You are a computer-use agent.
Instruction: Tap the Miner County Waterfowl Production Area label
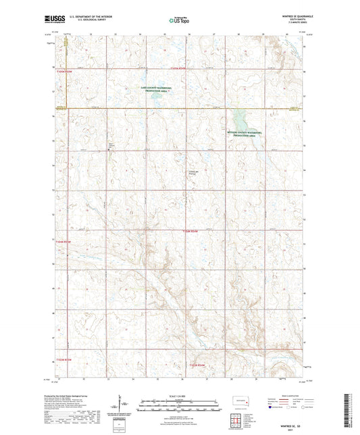[247, 134]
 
